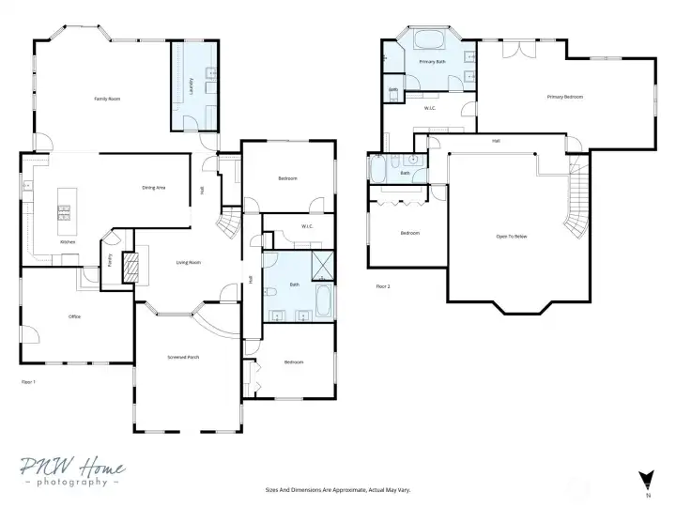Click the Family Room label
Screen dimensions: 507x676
pos(106,99)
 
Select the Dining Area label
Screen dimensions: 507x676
pos(154,188)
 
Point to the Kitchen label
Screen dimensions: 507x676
pos(68,242)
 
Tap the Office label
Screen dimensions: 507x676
pos(74,316)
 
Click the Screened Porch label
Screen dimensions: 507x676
pos(183,358)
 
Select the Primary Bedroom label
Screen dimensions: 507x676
pos(565,97)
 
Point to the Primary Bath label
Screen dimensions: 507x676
pos(433,62)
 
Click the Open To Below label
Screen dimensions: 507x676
pos(512,236)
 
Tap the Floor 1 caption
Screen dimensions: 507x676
pos(28,382)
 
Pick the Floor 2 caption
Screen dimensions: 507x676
pos(382,285)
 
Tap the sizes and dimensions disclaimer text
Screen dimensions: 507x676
pos(337,489)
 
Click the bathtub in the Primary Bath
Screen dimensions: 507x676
pos(431,40)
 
